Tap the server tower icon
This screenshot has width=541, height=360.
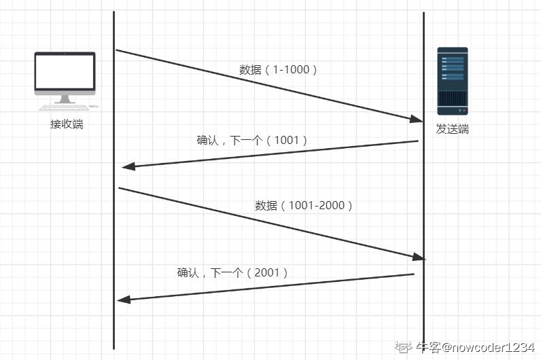coord(452,80)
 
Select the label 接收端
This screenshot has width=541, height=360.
coord(66,124)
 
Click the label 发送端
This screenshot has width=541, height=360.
coord(452,129)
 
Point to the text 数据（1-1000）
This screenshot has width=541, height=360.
coord(279,69)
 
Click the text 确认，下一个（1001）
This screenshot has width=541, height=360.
coord(252,140)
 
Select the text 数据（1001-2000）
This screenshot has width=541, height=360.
coord(304,205)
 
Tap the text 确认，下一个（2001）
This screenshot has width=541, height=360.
coord(233,272)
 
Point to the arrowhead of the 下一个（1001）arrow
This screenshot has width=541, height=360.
coord(126,167)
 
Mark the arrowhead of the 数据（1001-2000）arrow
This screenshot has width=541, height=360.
coord(418,257)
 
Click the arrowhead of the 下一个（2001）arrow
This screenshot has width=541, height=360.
coord(123,300)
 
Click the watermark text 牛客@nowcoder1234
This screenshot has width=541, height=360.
coord(475,347)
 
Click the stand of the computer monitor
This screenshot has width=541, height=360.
coord(65,98)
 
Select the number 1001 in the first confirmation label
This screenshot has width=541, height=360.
coord(286,140)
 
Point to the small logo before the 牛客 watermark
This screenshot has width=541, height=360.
coord(405,347)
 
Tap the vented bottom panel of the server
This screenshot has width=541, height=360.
coord(452,102)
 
